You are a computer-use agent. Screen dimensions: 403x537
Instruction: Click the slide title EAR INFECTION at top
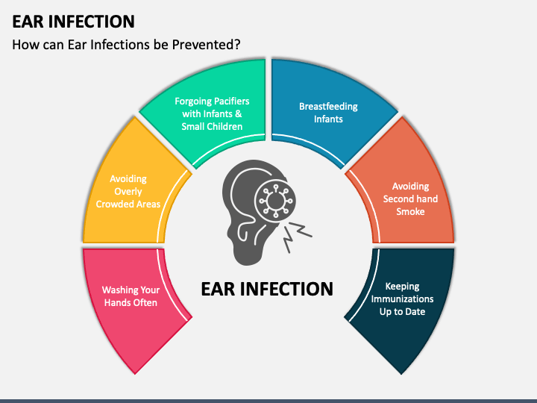(73, 21)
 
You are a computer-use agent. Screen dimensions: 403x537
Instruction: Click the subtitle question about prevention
(126, 45)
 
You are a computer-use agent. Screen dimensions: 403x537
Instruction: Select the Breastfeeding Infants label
(328, 113)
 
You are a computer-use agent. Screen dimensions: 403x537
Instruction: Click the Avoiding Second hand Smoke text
(410, 199)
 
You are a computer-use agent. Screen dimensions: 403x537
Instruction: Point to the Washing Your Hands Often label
(131, 296)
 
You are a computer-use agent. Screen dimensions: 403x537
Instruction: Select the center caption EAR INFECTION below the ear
(267, 289)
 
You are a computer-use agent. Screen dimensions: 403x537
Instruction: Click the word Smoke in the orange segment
(410, 211)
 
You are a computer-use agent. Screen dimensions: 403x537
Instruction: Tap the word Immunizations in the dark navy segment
(403, 299)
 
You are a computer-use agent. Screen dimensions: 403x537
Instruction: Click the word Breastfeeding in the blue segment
(328, 107)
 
